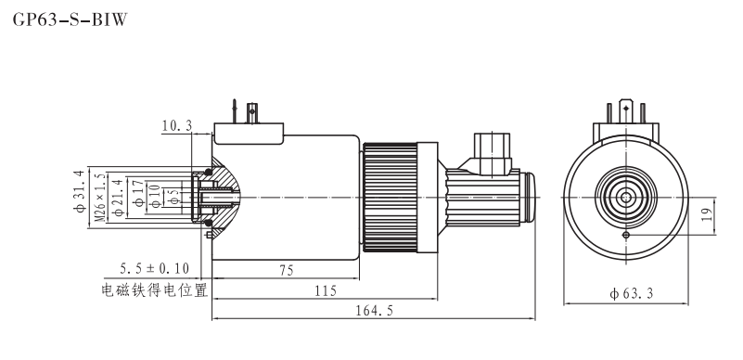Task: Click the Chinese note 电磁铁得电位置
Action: click(x=153, y=289)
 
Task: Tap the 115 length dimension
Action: click(x=324, y=290)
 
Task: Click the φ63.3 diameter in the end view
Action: click(x=631, y=294)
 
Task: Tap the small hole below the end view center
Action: click(x=627, y=235)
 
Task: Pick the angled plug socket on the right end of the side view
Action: click(x=490, y=153)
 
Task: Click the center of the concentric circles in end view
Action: click(x=627, y=198)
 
